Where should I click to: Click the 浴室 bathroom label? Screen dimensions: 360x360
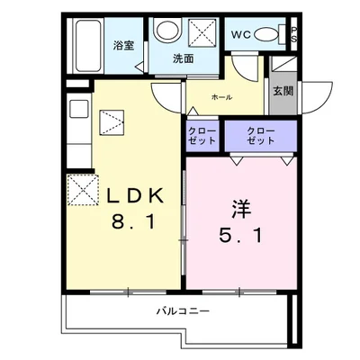(123, 45)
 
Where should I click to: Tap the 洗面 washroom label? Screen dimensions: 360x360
(184, 58)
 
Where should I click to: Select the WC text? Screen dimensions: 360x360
(241, 34)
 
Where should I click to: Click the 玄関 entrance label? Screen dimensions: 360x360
(282, 91)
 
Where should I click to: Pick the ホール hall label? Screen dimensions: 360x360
(221, 96)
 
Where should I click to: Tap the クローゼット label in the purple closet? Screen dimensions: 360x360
(261, 135)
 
